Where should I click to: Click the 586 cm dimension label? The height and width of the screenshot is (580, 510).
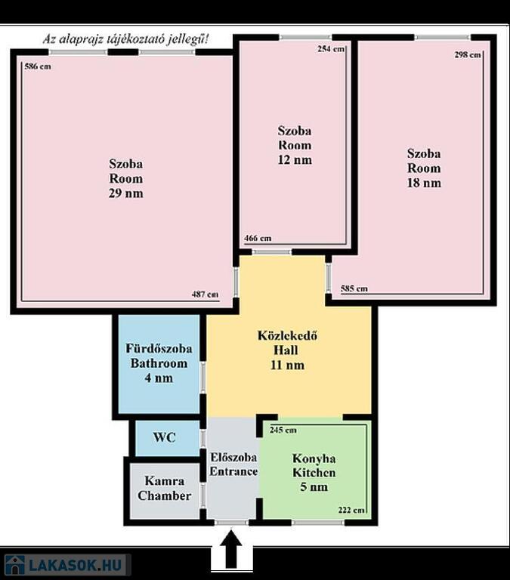[38, 66]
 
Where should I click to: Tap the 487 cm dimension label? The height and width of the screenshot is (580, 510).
[205, 295]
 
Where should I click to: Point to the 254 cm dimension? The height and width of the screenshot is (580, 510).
[331, 49]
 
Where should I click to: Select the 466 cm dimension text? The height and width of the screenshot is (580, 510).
[258, 238]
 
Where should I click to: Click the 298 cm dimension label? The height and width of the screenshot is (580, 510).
[468, 54]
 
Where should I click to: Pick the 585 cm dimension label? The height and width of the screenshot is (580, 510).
[354, 288]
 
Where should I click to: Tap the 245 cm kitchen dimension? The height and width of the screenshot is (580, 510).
[283, 430]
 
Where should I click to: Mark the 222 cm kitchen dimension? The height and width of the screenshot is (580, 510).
[351, 510]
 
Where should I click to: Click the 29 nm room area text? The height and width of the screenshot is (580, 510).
[126, 193]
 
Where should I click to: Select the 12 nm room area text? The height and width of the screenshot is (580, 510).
[295, 160]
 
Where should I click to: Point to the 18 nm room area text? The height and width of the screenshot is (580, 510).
[424, 183]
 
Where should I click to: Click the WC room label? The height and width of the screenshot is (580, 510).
[164, 437]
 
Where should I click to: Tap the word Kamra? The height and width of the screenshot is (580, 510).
[164, 480]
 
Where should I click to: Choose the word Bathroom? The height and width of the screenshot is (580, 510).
[159, 363]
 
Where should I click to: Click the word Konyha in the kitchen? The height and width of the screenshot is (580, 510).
[314, 458]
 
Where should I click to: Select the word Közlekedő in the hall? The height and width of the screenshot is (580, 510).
[287, 335]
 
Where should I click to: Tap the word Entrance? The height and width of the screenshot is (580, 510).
[233, 471]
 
